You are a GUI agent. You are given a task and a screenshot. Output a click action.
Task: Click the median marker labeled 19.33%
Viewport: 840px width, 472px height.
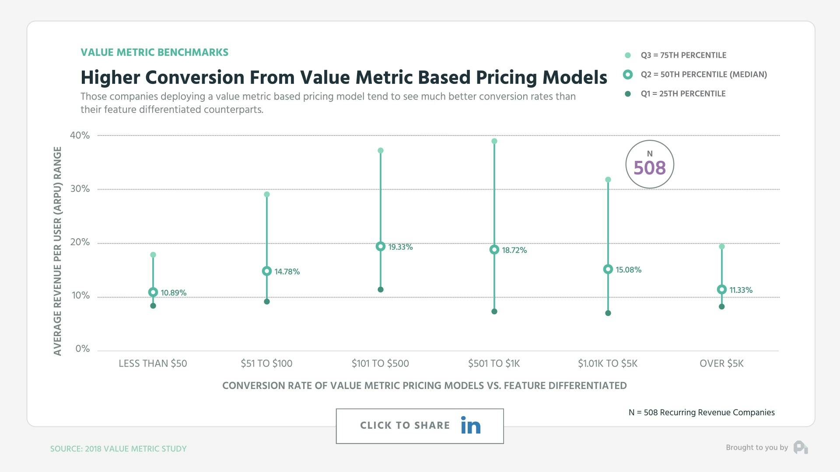point(380,246)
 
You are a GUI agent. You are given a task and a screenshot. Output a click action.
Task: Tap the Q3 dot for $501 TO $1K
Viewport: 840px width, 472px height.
point(494,141)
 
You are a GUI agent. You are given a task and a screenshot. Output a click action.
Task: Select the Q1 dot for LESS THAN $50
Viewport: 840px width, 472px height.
point(153,306)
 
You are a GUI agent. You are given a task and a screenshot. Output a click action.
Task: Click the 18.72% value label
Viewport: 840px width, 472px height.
point(514,250)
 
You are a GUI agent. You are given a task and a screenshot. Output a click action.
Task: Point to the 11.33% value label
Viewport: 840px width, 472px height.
point(741,290)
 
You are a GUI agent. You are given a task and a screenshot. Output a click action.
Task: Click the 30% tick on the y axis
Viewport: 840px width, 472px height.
point(80,189)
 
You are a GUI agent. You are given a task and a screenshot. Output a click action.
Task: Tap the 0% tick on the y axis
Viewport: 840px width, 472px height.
point(82,349)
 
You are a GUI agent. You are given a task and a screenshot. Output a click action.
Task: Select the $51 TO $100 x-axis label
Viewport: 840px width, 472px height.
point(266,364)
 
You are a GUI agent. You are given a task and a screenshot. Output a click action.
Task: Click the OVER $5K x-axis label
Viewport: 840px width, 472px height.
point(721,364)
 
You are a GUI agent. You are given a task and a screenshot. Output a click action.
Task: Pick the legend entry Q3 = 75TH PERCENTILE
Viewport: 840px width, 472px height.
point(683,56)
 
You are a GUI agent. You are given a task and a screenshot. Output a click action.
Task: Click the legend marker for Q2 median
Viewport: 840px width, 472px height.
point(628,75)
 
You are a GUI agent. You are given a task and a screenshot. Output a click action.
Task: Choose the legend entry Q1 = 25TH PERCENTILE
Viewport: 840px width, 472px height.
point(682,94)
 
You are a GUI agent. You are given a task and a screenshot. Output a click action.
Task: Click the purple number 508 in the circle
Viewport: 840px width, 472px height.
point(649,168)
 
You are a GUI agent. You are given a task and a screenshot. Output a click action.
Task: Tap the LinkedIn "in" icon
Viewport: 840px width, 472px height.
point(470,426)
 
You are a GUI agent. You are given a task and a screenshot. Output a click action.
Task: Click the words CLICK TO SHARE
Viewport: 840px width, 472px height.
point(405,426)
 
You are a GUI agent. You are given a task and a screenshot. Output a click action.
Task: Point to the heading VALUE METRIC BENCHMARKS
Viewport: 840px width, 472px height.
point(154,52)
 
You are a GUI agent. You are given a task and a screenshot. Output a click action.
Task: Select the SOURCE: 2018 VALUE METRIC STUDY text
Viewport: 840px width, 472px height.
point(118,449)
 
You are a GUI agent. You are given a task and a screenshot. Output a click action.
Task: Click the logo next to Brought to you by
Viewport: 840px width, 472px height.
point(800,448)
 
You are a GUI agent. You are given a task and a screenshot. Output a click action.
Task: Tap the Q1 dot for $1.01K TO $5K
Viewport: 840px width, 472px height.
point(608,313)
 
